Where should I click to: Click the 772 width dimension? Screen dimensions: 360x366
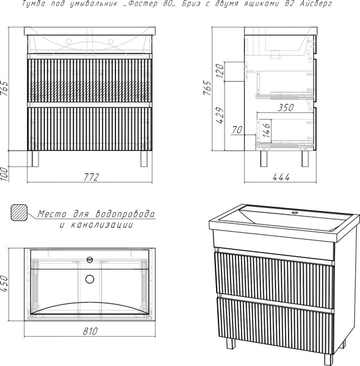tap(92, 177)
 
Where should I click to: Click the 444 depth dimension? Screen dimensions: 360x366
tap(281, 178)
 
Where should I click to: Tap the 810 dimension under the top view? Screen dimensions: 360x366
tap(90, 331)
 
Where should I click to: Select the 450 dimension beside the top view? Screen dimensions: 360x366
tap(5, 284)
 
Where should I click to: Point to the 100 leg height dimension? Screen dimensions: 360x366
tap(5, 174)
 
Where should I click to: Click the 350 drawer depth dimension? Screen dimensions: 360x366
tap(286, 107)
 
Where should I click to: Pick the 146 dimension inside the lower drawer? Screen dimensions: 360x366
tap(267, 130)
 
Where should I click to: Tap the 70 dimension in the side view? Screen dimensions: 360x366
tap(237, 130)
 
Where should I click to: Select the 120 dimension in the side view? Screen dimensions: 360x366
tap(220, 71)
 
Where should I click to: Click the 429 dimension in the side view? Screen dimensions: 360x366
tap(220, 115)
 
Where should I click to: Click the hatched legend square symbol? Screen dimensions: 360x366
tap(19, 213)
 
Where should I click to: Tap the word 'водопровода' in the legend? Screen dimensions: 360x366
tap(125, 214)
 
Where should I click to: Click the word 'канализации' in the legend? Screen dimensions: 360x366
tap(102, 224)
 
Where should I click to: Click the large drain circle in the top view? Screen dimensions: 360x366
tap(90, 279)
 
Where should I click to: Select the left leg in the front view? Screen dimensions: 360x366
tap(35, 159)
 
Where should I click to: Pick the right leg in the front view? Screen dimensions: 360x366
tap(144, 159)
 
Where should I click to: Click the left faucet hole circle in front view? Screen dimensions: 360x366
tap(68, 41)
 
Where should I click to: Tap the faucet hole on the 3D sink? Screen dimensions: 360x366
tap(295, 213)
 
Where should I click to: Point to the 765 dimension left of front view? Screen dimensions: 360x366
tap(5, 88)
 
